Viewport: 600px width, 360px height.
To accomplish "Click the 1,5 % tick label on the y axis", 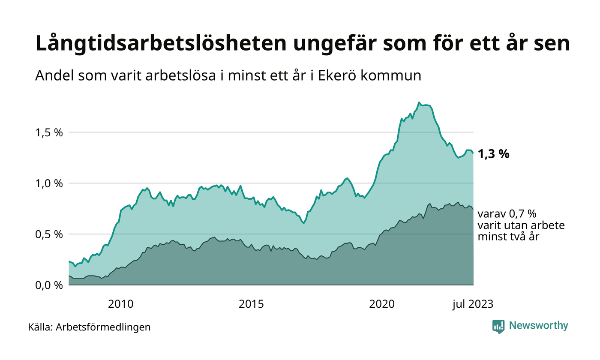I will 48,132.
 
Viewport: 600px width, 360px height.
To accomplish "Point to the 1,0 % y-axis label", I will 48,183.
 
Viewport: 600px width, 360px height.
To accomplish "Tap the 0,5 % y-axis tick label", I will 48,234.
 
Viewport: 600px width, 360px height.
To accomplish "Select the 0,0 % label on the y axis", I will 48,285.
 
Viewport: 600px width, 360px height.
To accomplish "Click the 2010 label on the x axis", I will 121,304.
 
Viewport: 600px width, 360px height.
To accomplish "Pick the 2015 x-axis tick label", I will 252,304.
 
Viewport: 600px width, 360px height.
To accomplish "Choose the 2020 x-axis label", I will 382,304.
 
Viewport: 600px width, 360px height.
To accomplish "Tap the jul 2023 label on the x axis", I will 473,304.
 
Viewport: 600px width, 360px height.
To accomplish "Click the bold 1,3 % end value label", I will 493,154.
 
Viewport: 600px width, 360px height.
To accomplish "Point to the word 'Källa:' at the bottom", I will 41,327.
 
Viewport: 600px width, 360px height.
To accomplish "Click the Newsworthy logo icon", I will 498,327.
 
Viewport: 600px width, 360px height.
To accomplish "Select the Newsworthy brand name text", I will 538,326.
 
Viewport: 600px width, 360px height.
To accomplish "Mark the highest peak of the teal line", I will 419,102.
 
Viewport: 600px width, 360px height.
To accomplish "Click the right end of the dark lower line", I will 473,209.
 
